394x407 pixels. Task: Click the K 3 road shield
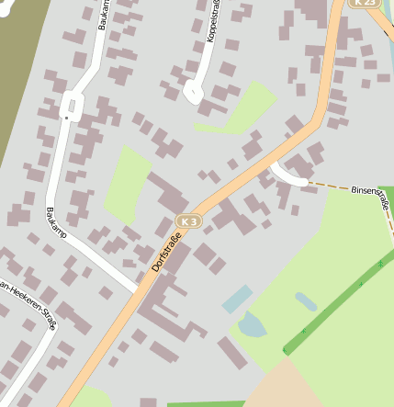click(188, 221)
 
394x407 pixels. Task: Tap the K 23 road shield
click(366, 3)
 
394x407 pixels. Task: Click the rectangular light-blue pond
click(237, 299)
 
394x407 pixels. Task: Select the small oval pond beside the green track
click(306, 301)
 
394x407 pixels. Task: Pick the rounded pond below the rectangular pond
click(252, 324)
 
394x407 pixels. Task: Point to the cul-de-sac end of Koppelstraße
click(193, 91)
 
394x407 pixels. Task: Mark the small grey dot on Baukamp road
click(66, 118)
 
